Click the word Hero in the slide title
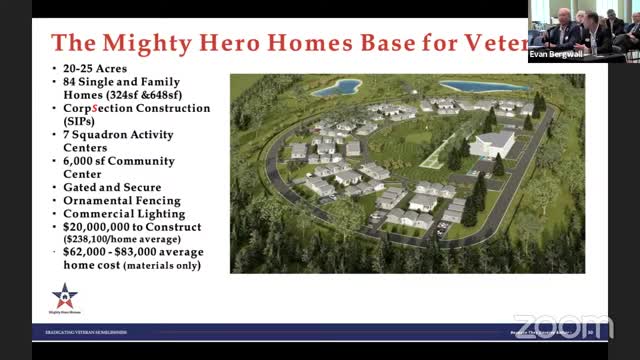pos(250,43)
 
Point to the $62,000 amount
pos(83,253)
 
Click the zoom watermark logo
pos(562,326)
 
